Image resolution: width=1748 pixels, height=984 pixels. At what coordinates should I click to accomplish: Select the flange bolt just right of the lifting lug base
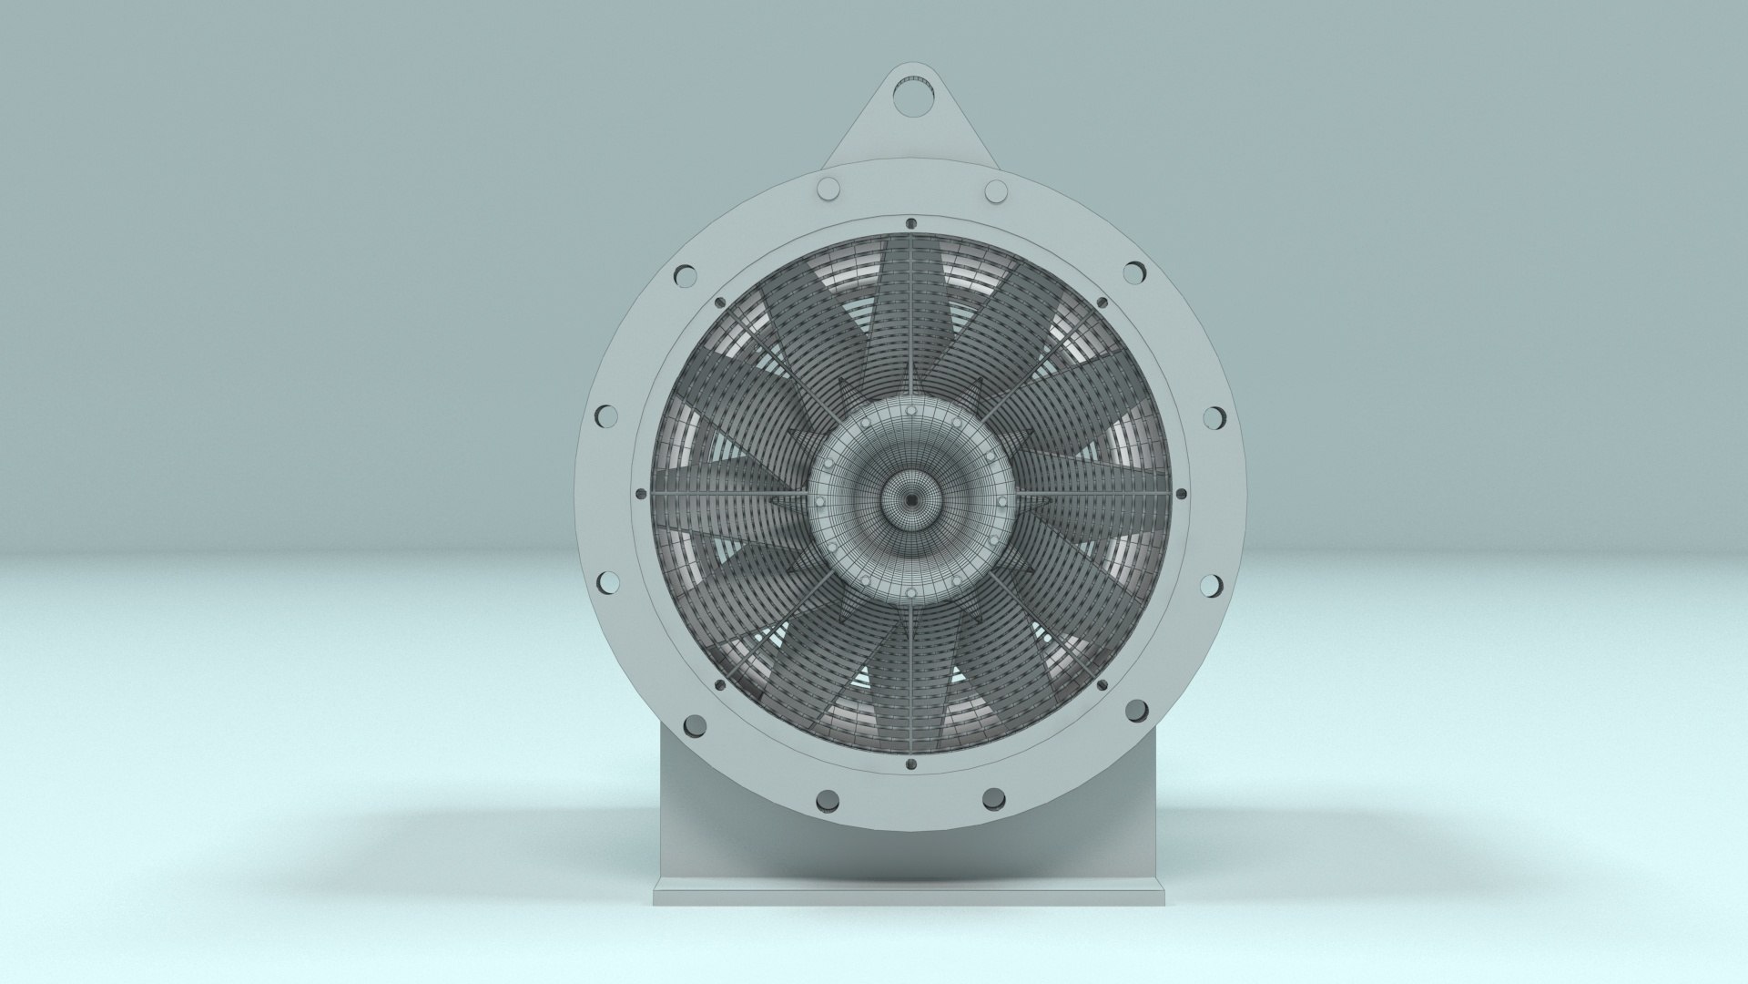tap(996, 191)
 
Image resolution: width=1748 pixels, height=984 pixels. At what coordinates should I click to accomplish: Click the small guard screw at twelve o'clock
tap(911, 221)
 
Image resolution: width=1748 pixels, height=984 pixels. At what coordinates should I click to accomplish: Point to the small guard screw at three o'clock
tap(1182, 494)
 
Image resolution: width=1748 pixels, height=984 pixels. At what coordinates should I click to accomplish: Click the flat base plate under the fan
tap(910, 897)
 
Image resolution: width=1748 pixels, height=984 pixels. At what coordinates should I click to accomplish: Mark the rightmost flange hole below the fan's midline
tap(1213, 581)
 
